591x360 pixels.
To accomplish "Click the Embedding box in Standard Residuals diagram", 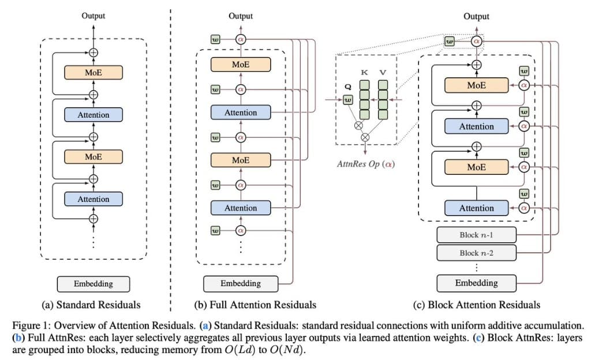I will tap(93, 284).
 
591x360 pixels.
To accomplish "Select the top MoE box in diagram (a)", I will tap(93, 72).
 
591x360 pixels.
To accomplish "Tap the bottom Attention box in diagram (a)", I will tap(93, 199).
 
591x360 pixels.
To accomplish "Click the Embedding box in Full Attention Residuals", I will tap(241, 283).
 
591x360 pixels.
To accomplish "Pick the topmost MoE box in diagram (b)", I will tap(241, 65).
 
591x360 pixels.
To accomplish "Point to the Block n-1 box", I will tap(476, 235).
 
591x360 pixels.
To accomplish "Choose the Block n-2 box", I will tap(476, 253).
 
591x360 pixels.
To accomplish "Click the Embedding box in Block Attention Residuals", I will tap(476, 283).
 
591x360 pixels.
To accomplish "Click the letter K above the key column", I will tap(364, 74).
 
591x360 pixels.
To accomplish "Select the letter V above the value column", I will tap(383, 74).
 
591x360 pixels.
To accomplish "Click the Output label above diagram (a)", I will tap(93, 16).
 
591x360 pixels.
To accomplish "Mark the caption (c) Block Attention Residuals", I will tap(476, 304).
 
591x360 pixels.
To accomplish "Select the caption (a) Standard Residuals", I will tap(93, 304).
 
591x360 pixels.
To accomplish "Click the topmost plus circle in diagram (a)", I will tap(93, 52).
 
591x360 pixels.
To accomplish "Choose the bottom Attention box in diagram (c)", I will tap(476, 208).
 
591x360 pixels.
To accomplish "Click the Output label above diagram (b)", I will tap(241, 16).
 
